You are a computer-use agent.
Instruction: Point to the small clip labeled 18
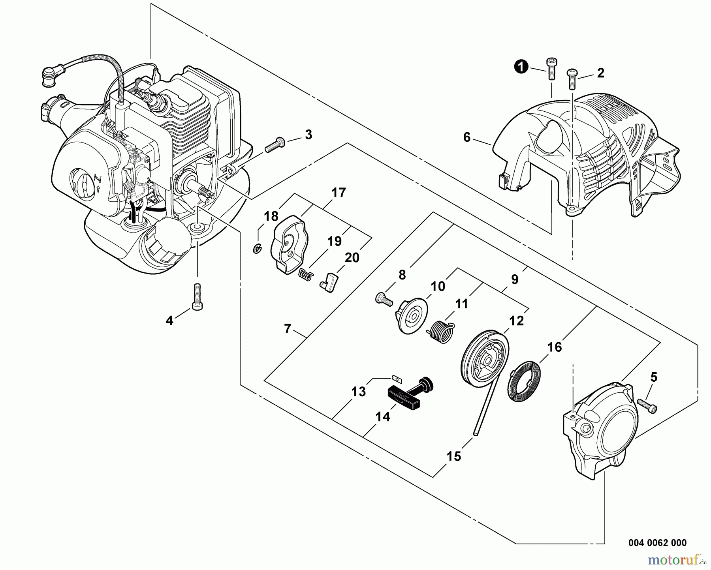(x=257, y=249)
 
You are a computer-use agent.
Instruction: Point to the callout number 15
(x=454, y=456)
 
